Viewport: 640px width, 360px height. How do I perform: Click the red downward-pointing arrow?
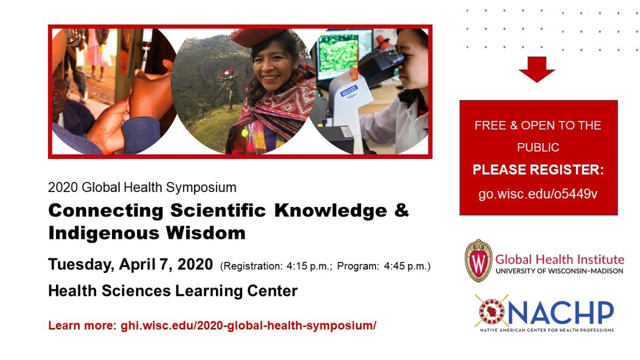[x=537, y=69]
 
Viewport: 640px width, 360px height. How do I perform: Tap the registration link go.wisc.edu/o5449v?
[x=538, y=194]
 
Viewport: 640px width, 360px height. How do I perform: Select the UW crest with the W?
[x=478, y=261]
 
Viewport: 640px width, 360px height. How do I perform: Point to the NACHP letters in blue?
[x=561, y=313]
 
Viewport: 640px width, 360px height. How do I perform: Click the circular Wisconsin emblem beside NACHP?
[x=492, y=311]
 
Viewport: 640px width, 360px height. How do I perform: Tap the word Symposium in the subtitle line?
[x=201, y=188]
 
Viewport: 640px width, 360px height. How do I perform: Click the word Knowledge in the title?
[x=331, y=211]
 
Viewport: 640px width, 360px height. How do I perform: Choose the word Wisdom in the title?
[x=206, y=233]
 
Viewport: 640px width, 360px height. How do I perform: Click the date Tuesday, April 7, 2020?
[x=131, y=264]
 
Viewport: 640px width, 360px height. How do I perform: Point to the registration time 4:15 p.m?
[x=309, y=266]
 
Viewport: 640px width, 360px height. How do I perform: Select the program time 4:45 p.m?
[x=406, y=266]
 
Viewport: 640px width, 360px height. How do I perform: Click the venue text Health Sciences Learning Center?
[x=173, y=291]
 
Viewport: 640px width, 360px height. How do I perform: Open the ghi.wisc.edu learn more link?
[x=249, y=325]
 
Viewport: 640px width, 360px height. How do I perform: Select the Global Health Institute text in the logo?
[x=559, y=259]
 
